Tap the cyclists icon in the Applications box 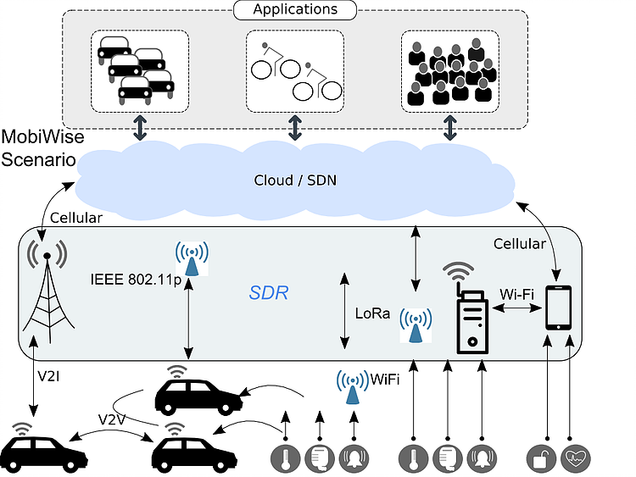tap(294, 70)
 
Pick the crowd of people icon tap(449, 72)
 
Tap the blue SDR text tap(269, 292)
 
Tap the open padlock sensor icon tap(540, 458)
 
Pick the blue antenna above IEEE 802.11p tap(192, 258)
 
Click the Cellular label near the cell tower tap(76, 218)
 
